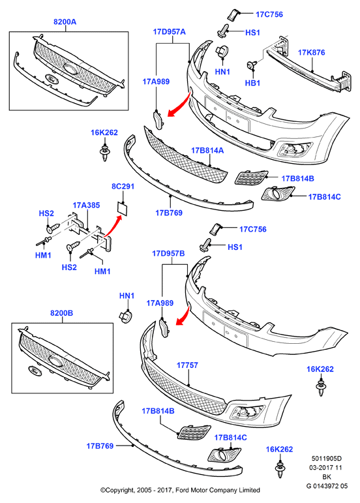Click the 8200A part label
65,22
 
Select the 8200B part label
61,312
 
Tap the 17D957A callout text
170,32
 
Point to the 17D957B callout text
168,253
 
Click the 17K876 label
311,52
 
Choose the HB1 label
252,83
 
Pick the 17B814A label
207,150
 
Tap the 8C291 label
123,187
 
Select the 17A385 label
86,205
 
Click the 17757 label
187,365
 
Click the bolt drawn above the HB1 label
251,65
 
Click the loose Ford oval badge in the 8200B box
35,370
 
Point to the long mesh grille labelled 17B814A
185,155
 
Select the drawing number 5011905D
327,459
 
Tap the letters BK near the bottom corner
327,477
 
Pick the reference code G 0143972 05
327,486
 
